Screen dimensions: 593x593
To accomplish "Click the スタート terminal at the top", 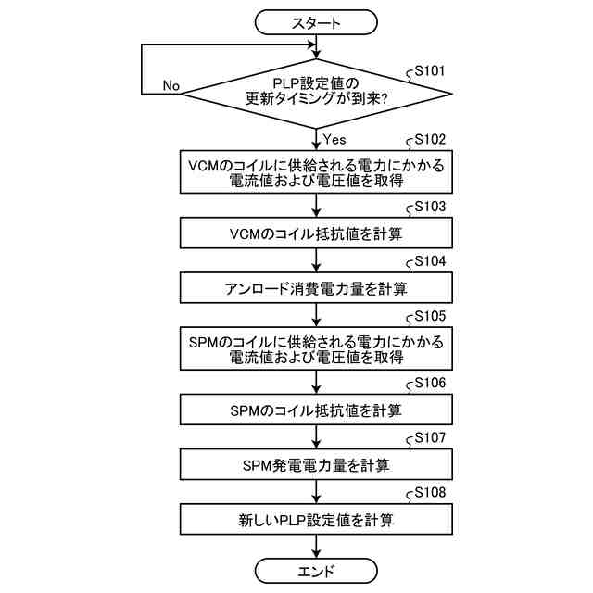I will coord(316,21).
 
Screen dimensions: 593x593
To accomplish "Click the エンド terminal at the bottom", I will coord(316,570).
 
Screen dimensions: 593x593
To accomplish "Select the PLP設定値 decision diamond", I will coord(316,94).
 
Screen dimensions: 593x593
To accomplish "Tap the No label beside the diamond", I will coord(170,85).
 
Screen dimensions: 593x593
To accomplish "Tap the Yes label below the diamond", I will coord(334,139).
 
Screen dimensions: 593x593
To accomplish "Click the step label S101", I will coord(430,69).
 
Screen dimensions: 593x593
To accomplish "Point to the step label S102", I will coord(430,139).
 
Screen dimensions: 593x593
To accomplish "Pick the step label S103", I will coord(430,206).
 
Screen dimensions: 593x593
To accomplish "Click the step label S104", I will coord(430,260).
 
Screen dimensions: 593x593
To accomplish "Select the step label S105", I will coord(430,315).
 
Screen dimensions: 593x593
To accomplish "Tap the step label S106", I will coord(430,382).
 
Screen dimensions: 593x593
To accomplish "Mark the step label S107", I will coord(430,436).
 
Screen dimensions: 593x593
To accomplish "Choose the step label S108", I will coord(430,491).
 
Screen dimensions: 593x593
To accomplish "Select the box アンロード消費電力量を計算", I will coord(316,287).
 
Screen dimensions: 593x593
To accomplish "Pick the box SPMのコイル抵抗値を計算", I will coord(316,409).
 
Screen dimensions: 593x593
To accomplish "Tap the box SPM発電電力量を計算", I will coord(316,463).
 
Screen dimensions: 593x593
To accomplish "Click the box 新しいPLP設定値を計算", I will coord(316,519).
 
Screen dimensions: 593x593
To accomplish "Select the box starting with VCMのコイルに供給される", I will coord(316,172).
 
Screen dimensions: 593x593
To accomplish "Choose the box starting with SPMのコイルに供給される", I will coord(316,348).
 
